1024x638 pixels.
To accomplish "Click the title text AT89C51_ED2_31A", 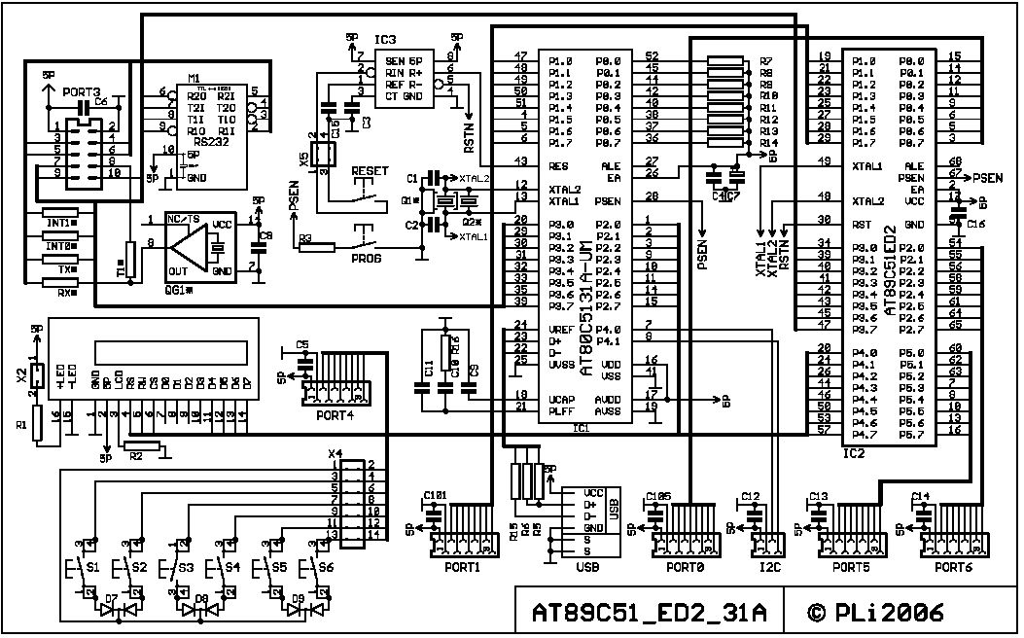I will pyautogui.click(x=649, y=613).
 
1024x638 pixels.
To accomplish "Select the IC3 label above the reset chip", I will pyautogui.click(x=385, y=39).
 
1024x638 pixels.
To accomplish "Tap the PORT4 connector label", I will pyautogui.click(x=335, y=415).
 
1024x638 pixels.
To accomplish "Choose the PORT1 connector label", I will pyautogui.click(x=463, y=567).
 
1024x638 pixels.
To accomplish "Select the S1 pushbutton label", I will pyautogui.click(x=93, y=565).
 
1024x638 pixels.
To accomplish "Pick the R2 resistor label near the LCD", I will pyautogui.click(x=136, y=454).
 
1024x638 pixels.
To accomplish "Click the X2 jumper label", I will pyautogui.click(x=21, y=374).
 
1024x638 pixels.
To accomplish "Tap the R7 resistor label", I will pyautogui.click(x=766, y=60).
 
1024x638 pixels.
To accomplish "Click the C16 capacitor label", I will pyautogui.click(x=976, y=225).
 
